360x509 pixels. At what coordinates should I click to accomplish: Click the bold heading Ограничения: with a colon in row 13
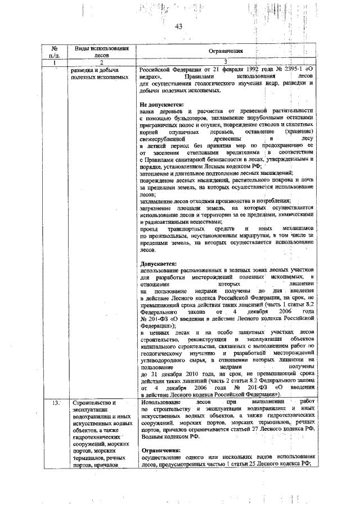pos(161,451)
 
